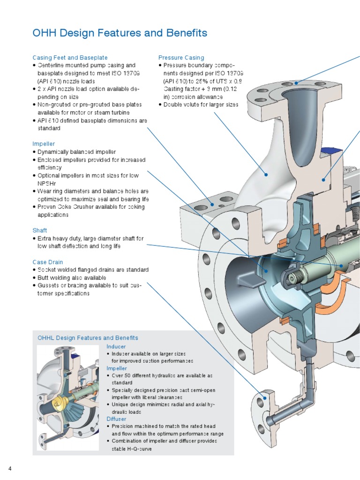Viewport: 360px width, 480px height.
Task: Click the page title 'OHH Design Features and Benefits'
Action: point(120,33)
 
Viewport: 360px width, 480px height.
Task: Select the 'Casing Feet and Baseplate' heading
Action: point(70,58)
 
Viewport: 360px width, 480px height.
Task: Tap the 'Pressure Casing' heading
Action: point(181,58)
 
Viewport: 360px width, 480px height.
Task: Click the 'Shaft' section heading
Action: point(40,230)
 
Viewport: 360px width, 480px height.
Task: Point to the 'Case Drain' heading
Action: point(48,262)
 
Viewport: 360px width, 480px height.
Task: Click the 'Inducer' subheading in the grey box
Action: point(116,347)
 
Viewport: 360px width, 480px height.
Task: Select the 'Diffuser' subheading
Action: point(116,419)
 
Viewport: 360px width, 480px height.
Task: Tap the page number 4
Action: point(10,469)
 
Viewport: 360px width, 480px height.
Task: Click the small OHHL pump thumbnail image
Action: point(68,398)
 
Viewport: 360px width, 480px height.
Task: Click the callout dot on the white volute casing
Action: point(266,175)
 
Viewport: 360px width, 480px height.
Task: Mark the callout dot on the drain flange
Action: point(265,398)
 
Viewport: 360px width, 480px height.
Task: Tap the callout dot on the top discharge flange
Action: point(296,83)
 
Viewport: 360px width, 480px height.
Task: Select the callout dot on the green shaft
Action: point(342,266)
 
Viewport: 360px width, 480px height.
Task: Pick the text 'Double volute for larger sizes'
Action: point(201,105)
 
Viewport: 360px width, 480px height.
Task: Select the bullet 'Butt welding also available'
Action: point(72,278)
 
